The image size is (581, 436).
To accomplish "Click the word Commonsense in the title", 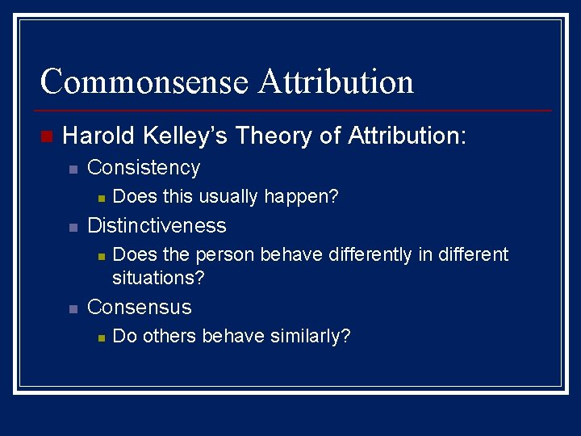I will coord(144,82).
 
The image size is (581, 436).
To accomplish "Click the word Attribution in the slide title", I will coord(336,82).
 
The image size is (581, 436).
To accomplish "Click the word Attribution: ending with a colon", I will coord(407,135).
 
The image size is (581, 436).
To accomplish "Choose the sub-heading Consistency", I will coord(144,168).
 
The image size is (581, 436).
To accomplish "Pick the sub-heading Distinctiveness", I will coord(157,225).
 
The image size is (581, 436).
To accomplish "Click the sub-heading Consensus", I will coord(139,307).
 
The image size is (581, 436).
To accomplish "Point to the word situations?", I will coord(158,278).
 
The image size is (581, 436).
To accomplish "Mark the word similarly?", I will coord(310,336).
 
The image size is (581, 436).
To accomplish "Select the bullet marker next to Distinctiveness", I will coord(72,227).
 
